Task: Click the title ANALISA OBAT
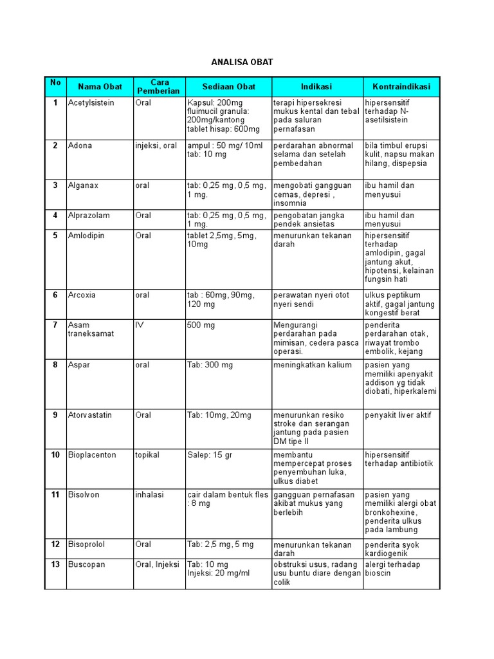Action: (242, 62)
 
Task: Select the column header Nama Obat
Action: (100, 87)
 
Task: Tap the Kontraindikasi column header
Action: (401, 87)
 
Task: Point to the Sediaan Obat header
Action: (228, 87)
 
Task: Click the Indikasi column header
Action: (316, 87)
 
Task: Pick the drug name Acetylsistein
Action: (91, 103)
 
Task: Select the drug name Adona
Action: (80, 145)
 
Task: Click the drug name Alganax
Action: (84, 185)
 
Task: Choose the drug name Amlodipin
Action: (86, 236)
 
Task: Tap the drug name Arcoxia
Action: (82, 295)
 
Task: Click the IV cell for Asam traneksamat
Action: (140, 325)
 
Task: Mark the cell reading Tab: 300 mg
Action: (210, 365)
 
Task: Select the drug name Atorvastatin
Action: (89, 415)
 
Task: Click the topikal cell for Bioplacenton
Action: (147, 455)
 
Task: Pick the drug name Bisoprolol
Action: (86, 544)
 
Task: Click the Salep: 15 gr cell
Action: (210, 455)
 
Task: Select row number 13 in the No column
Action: (55, 564)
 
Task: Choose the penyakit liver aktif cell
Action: (398, 415)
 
